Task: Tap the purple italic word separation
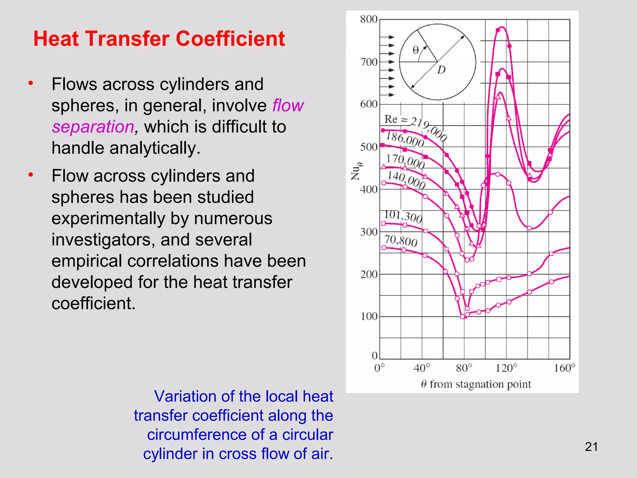coord(93,127)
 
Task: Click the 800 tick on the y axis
coord(369,19)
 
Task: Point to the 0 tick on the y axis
coord(374,355)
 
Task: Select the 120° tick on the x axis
coord(506,368)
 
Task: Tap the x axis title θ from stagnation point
coord(476,384)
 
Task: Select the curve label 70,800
coord(401,241)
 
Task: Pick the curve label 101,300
coord(403,217)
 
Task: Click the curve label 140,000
coord(406,180)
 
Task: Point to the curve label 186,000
coord(405,139)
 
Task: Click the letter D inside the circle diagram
coord(441,70)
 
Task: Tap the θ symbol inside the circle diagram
coord(416,50)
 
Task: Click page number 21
coord(591,447)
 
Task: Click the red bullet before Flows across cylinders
coord(30,83)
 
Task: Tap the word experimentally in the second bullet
coord(108,218)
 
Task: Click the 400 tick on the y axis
coord(369,189)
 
